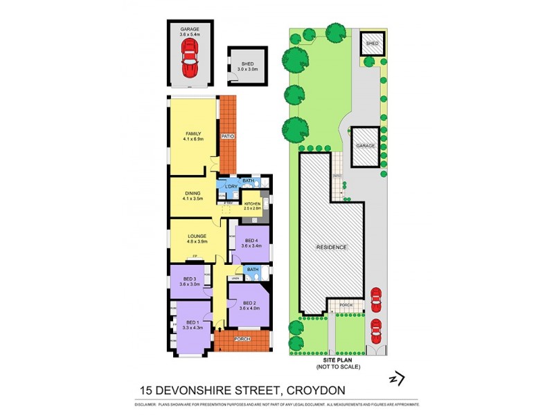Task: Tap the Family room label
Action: (193, 133)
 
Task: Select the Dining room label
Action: (193, 194)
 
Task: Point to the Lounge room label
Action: (197, 237)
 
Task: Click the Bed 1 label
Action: (192, 322)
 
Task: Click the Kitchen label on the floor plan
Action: (252, 203)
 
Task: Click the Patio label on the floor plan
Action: (228, 137)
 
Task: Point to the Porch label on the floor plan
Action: (242, 339)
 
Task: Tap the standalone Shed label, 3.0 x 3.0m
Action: (247, 64)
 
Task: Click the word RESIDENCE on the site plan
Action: (332, 247)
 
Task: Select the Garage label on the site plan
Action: (365, 147)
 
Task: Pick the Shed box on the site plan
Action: (373, 44)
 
